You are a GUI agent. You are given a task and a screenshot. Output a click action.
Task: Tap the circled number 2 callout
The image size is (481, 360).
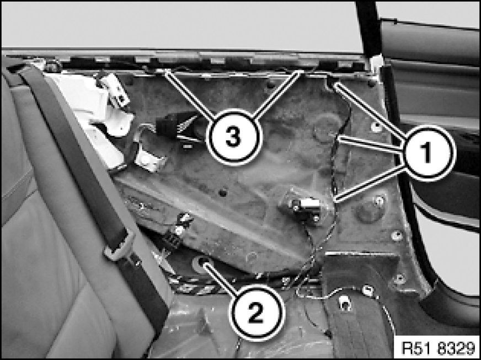(256, 313)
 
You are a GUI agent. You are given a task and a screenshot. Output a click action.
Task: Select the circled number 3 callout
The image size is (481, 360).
(234, 137)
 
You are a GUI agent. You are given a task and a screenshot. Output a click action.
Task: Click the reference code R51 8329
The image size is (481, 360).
(438, 348)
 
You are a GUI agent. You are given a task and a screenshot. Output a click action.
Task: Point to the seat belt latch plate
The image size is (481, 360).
(120, 245)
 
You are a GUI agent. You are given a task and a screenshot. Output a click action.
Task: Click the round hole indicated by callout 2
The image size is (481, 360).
(201, 263)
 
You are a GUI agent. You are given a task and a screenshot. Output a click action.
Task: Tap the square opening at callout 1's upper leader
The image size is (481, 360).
(332, 82)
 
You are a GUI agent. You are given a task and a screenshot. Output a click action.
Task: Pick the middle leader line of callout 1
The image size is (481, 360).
(370, 144)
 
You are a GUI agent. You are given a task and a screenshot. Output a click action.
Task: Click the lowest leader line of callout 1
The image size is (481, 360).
(370, 184)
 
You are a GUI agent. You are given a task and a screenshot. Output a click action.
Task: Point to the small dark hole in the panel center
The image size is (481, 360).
(223, 193)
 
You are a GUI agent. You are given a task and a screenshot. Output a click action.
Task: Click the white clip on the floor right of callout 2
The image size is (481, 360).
(345, 304)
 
